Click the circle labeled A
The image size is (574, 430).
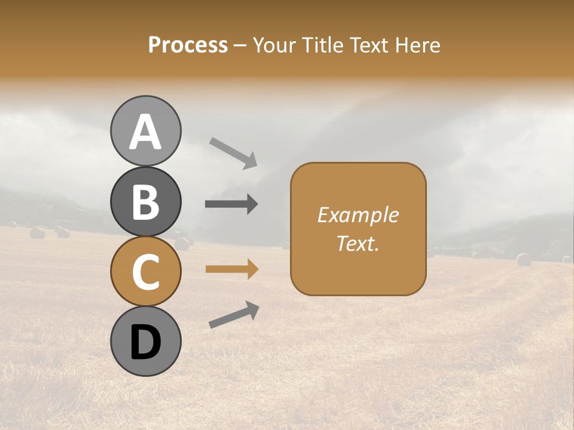point(146,131)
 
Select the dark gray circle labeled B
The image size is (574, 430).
point(146,201)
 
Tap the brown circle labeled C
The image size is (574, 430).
point(146,271)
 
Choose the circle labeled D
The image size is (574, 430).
point(146,342)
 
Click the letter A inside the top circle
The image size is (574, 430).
point(146,132)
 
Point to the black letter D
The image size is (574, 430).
point(146,343)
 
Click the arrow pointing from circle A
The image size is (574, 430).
point(233,153)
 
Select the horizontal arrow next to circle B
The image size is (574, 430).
point(231,204)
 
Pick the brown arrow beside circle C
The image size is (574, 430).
point(231,269)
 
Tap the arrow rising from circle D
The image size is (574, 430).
point(234,315)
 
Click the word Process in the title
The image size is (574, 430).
point(188,45)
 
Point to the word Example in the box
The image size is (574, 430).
point(358,215)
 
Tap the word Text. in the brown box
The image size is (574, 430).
point(358,243)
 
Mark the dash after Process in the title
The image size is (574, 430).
point(240,46)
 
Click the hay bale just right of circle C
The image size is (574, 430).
point(182,243)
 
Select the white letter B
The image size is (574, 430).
point(146,202)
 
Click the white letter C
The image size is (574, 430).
point(146,272)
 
